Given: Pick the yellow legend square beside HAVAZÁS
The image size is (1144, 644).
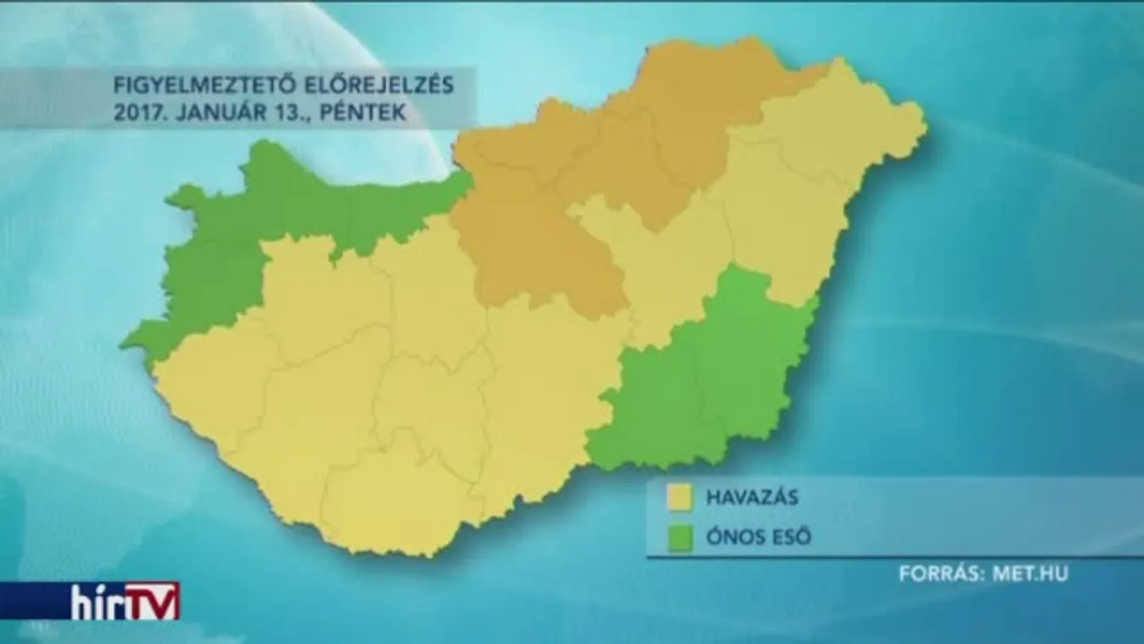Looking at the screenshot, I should point(679,498).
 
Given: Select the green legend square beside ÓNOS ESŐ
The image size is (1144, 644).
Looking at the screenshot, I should point(679,538).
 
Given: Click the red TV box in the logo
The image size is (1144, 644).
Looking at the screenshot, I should point(152,600).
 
